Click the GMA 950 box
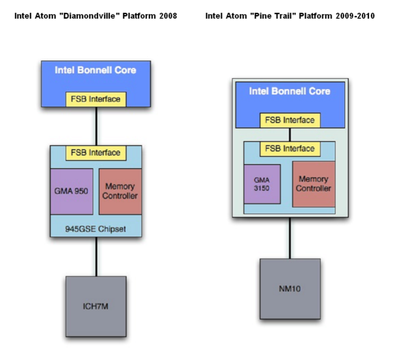(71, 192)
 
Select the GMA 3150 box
(262, 184)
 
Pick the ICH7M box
(96, 307)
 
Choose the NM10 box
(290, 289)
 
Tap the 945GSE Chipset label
(95, 229)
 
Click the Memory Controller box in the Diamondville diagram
(120, 192)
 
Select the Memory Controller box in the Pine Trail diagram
(314, 184)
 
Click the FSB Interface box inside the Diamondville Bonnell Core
(96, 99)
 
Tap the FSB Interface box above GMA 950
(96, 153)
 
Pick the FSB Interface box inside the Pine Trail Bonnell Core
(290, 120)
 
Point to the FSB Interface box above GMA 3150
(290, 149)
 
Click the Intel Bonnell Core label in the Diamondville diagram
(95, 70)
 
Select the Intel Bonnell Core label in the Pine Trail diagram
(290, 91)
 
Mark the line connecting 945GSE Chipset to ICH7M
(96, 257)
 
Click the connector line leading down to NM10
(290, 238)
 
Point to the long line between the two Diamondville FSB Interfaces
(96, 126)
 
